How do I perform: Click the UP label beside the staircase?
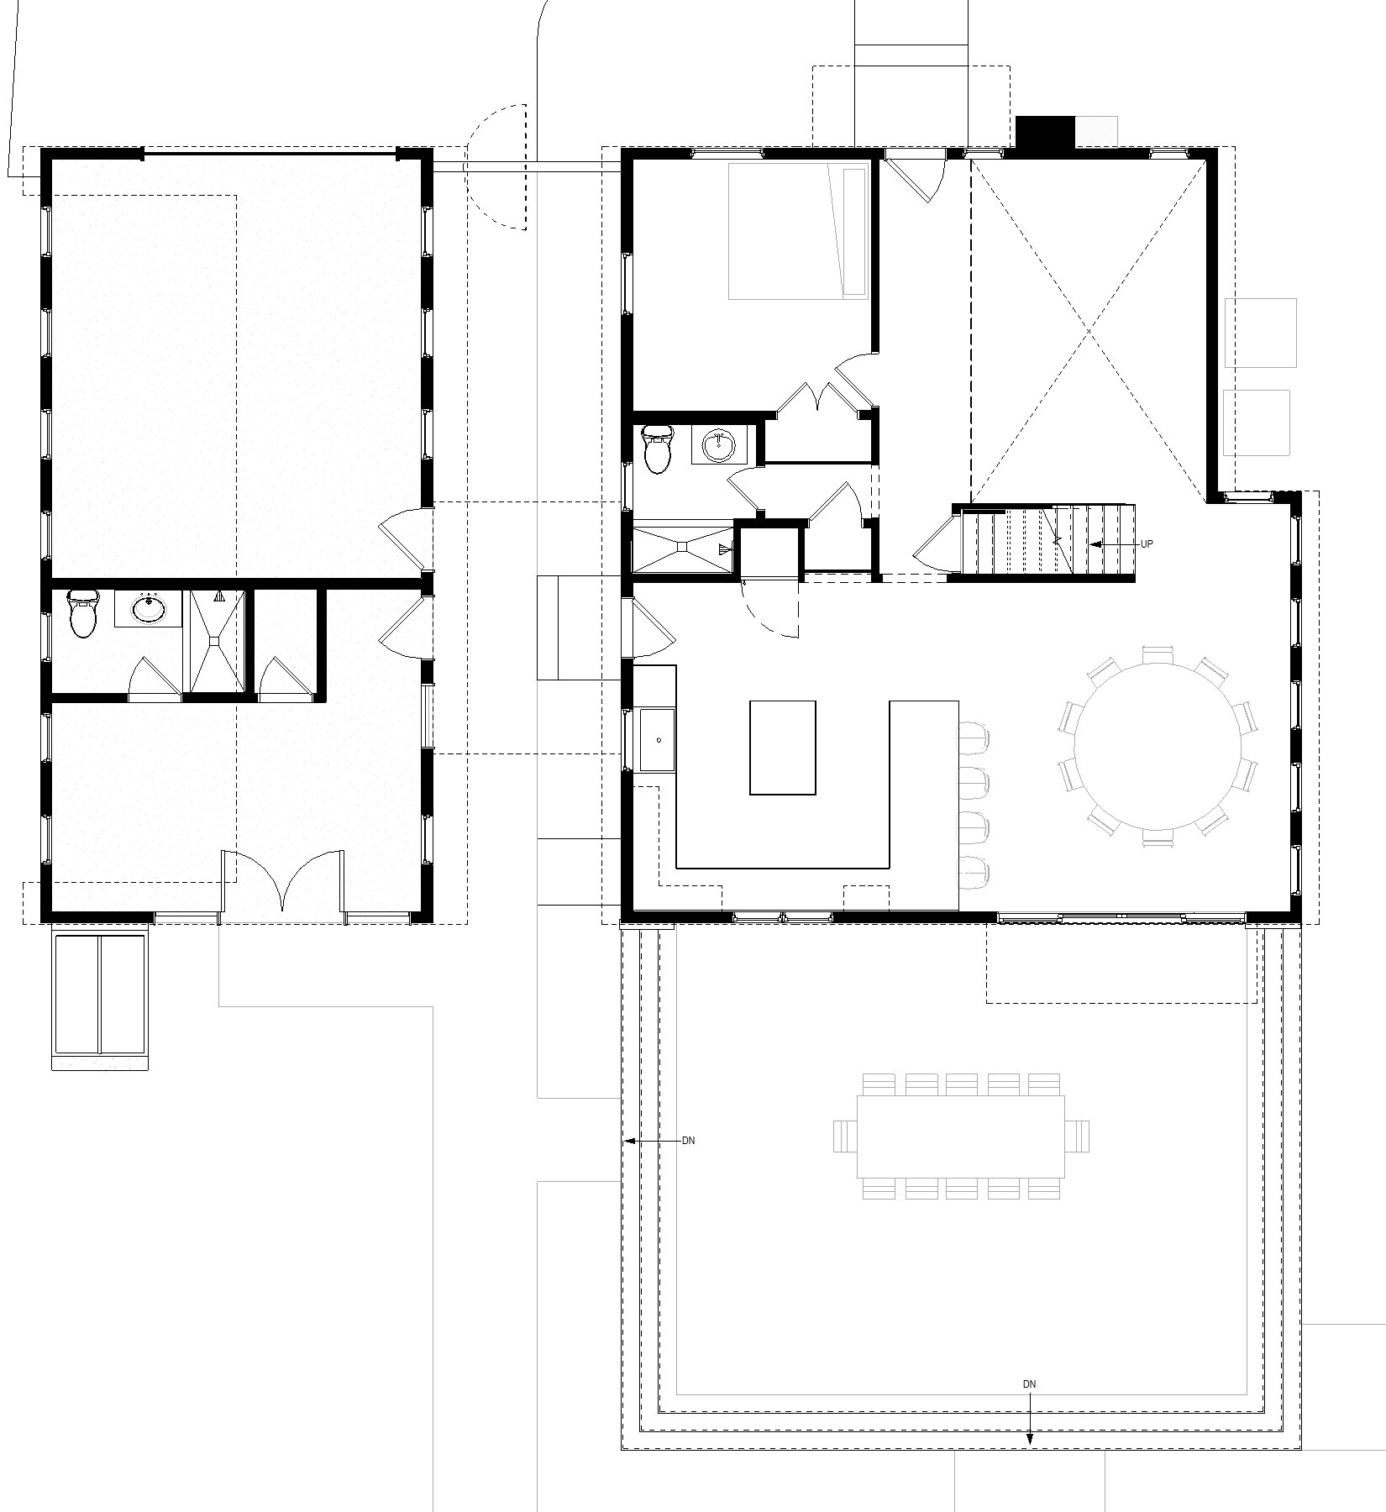pos(1147,544)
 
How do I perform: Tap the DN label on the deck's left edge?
pos(689,1141)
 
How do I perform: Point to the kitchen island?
pos(783,748)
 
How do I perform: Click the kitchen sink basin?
pos(658,739)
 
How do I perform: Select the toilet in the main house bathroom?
pos(657,448)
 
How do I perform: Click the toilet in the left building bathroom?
pos(82,613)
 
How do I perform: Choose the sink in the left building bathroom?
pos(150,608)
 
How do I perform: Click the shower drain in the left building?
pos(218,641)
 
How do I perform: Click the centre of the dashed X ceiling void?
pos(1089,330)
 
